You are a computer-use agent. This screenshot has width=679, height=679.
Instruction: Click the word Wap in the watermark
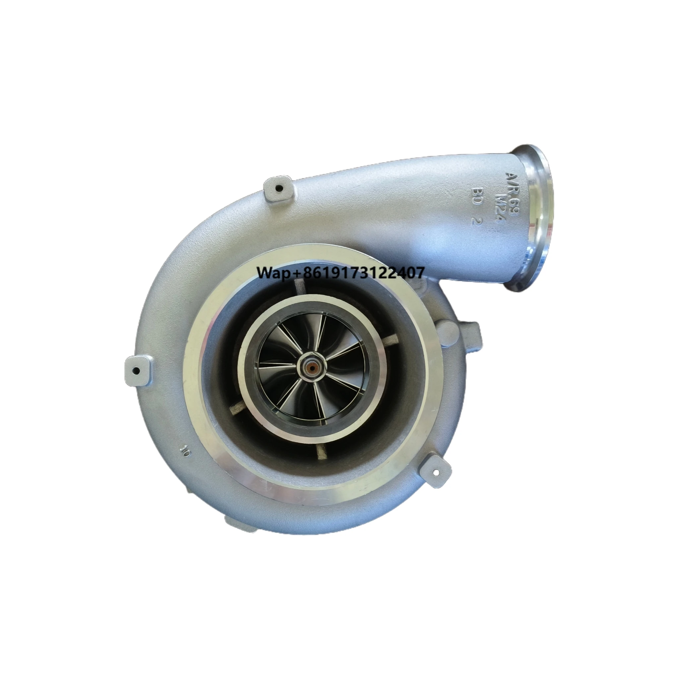(274, 273)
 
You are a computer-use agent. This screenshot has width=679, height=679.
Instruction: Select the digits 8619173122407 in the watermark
(361, 273)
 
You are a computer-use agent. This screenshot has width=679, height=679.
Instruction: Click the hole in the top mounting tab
(279, 189)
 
